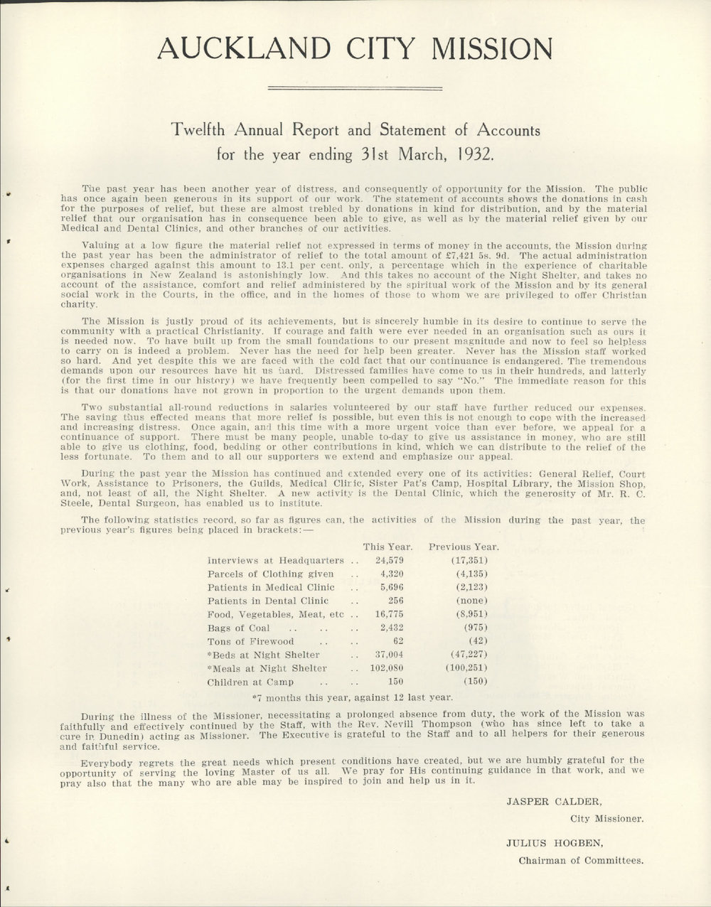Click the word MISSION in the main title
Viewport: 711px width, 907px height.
tap(492, 48)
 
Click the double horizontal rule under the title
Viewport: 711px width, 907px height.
tap(355, 88)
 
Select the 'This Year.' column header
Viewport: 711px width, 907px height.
tap(387, 547)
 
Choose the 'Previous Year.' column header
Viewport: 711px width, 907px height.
tap(464, 547)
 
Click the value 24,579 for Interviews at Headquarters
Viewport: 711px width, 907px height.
tap(389, 560)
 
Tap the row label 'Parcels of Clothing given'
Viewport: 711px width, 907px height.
tap(270, 574)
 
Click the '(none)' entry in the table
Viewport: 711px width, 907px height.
tap(471, 601)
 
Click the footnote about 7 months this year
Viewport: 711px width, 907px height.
tap(353, 697)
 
